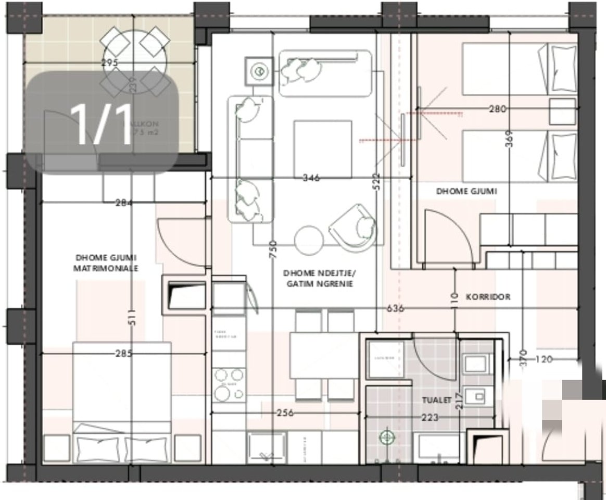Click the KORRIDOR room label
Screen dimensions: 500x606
point(488,297)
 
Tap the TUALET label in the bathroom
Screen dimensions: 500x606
point(436,401)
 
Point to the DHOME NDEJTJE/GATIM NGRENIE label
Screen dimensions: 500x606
point(319,279)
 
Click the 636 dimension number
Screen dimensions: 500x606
point(395,308)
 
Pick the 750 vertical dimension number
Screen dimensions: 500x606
point(273,250)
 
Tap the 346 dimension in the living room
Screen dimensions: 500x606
point(312,178)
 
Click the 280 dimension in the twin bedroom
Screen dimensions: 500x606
point(498,109)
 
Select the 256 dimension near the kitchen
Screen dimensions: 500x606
point(285,413)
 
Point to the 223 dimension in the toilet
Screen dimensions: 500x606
point(431,417)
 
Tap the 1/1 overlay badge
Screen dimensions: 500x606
point(102,123)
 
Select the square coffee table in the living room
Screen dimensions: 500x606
point(323,148)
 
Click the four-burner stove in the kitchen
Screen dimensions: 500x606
point(229,384)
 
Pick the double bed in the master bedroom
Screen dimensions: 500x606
point(122,401)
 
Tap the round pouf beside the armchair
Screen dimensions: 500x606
point(309,240)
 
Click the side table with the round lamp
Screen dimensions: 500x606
point(258,70)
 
